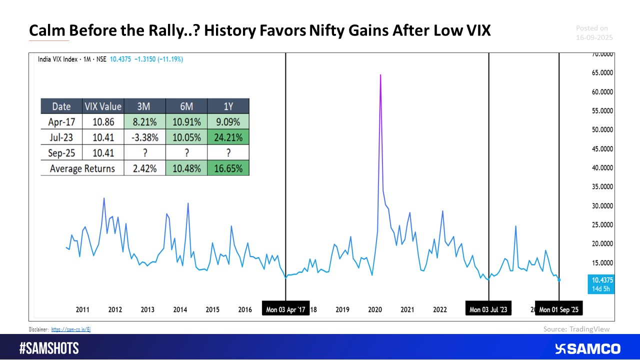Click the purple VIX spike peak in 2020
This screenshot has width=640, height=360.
click(380, 75)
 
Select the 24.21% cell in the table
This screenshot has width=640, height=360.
click(229, 137)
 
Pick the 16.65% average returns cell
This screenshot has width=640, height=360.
click(229, 168)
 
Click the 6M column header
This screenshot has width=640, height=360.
click(187, 106)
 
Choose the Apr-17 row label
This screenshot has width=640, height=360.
click(61, 121)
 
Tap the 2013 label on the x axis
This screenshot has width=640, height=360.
click(147, 309)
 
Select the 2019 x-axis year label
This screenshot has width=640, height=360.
click(342, 309)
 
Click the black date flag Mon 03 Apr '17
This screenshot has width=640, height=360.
click(286, 309)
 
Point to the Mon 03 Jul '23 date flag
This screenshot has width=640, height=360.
click(488, 309)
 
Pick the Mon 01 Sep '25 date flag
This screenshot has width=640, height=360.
click(558, 309)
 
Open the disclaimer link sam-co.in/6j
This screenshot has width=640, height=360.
click(70, 329)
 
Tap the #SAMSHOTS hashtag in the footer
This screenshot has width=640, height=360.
click(49, 348)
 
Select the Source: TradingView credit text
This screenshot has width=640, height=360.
click(576, 329)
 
